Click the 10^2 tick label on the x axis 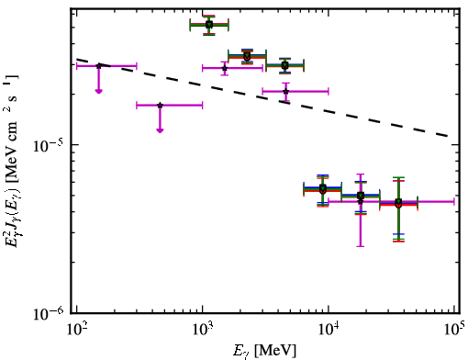[76, 330]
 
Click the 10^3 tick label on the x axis [202, 330]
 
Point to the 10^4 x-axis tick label [329, 330]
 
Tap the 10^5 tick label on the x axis [454, 330]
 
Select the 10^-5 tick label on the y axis [48, 146]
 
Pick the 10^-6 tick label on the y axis [48, 312]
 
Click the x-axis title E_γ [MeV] [264, 351]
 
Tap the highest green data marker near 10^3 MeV [209, 25]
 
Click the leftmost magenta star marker [98, 66]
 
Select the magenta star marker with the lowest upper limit [160, 106]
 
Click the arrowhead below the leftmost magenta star [98, 91]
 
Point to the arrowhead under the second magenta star [160, 130]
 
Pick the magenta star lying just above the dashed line [285, 91]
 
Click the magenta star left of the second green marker [225, 68]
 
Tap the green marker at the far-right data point [398, 202]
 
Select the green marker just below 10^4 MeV [323, 187]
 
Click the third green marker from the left [284, 65]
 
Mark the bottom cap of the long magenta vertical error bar [361, 246]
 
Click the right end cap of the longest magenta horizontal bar [454, 201]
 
